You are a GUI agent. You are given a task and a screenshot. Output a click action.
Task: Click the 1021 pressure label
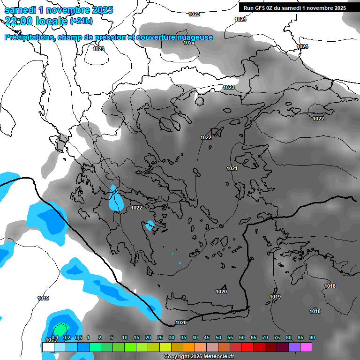(232, 168)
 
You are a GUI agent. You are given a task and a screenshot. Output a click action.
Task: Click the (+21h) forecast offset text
(81, 21)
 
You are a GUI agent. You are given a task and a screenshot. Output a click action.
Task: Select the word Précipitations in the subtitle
(29, 37)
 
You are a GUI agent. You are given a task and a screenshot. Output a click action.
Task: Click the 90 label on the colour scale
(312, 337)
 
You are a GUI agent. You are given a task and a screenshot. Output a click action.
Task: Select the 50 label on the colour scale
(218, 337)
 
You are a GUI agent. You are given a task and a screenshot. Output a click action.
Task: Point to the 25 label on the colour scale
(160, 337)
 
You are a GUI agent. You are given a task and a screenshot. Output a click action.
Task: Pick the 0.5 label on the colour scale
(78, 337)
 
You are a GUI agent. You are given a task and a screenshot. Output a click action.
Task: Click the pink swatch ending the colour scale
(307, 347)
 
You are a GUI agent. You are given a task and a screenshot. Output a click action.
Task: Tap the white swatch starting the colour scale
(48, 347)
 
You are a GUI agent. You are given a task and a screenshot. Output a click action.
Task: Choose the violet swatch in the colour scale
(295, 347)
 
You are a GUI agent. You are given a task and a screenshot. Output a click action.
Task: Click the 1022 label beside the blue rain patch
(136, 208)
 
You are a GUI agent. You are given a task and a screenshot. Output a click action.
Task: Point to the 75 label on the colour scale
(277, 337)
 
